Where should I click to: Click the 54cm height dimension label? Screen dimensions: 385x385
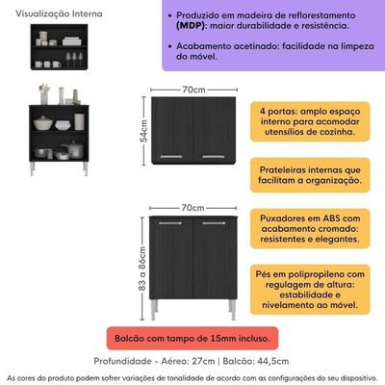(144, 131)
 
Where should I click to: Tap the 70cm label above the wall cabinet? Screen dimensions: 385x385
(193, 90)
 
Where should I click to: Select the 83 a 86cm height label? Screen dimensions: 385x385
(142, 269)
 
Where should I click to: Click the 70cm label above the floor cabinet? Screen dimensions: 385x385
(192, 208)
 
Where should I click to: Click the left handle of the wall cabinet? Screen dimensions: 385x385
(171, 157)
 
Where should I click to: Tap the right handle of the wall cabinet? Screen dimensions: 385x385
(214, 157)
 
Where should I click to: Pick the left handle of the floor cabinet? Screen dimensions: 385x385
(170, 223)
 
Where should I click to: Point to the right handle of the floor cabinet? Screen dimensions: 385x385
(214, 223)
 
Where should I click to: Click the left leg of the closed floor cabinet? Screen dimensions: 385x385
(154, 310)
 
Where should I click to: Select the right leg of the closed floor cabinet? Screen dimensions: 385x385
(232, 310)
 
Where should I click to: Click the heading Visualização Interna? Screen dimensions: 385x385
(59, 13)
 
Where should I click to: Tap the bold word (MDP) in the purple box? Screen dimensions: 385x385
(191, 26)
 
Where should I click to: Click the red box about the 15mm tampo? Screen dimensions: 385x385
(192, 338)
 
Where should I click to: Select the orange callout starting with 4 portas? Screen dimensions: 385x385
(310, 121)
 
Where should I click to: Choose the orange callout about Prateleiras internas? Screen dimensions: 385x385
(310, 175)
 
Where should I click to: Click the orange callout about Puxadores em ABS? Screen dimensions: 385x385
(310, 229)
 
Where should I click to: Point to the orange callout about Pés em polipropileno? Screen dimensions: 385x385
(310, 290)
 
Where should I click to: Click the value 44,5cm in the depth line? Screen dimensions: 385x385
(273, 361)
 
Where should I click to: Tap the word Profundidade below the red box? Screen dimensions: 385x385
(122, 361)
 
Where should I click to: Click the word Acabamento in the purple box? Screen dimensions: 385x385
(204, 46)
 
